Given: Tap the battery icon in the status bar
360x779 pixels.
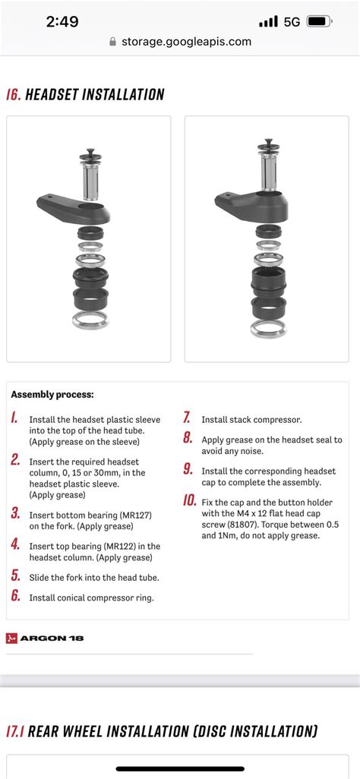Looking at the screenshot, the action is [x=319, y=22].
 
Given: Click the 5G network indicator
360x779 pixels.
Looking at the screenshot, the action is [x=292, y=22].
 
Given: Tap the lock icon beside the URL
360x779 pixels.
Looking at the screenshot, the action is [x=113, y=42].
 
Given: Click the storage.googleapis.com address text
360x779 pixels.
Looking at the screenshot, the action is [x=187, y=42].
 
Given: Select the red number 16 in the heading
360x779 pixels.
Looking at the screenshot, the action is [x=14, y=94].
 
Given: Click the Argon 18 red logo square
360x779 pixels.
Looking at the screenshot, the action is [x=11, y=639].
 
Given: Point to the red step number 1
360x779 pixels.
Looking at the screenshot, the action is [x=15, y=418].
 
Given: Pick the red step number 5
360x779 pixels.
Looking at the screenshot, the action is [x=15, y=576].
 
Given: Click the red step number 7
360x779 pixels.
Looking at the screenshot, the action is [x=187, y=418].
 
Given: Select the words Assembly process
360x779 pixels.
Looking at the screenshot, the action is [x=52, y=396].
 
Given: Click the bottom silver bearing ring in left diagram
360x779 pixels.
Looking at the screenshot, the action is [x=90, y=321].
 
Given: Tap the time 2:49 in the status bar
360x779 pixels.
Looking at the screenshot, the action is [x=62, y=22].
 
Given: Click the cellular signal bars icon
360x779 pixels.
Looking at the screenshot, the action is [x=269, y=22].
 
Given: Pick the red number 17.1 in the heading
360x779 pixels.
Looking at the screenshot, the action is [x=15, y=731].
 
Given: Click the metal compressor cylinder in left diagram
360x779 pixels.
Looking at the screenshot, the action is [x=90, y=182].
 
